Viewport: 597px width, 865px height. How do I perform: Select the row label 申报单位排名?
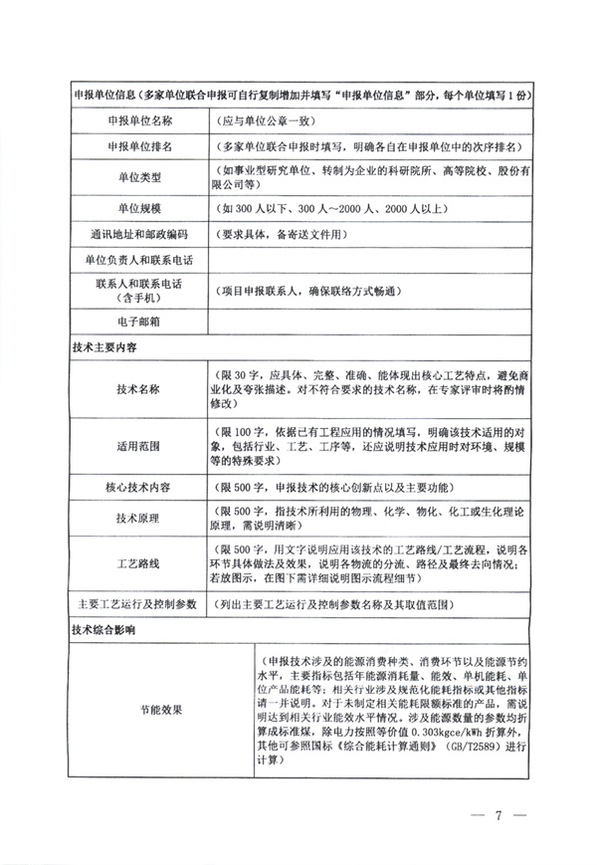pos(138,147)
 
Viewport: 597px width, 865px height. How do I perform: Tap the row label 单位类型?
pos(138,179)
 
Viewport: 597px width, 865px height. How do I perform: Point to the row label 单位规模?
pos(138,211)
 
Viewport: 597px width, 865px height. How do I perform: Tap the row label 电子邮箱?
pos(138,324)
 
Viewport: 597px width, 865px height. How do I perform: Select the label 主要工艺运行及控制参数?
pos(138,605)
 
